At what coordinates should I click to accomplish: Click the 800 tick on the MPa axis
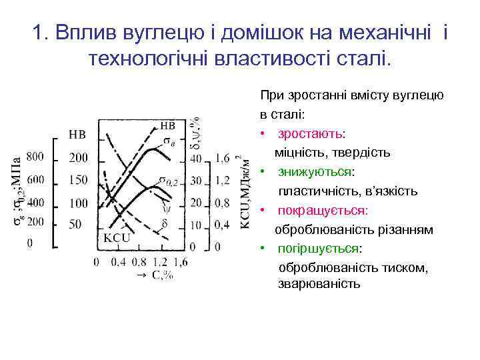point(35,157)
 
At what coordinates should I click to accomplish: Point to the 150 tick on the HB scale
point(78,180)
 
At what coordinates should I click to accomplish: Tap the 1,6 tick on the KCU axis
point(223,158)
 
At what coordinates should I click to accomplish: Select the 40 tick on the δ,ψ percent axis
point(196,158)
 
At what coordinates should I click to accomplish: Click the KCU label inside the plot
point(116,237)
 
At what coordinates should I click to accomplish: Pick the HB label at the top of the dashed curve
point(168,125)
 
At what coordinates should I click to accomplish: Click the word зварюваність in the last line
point(319,284)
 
